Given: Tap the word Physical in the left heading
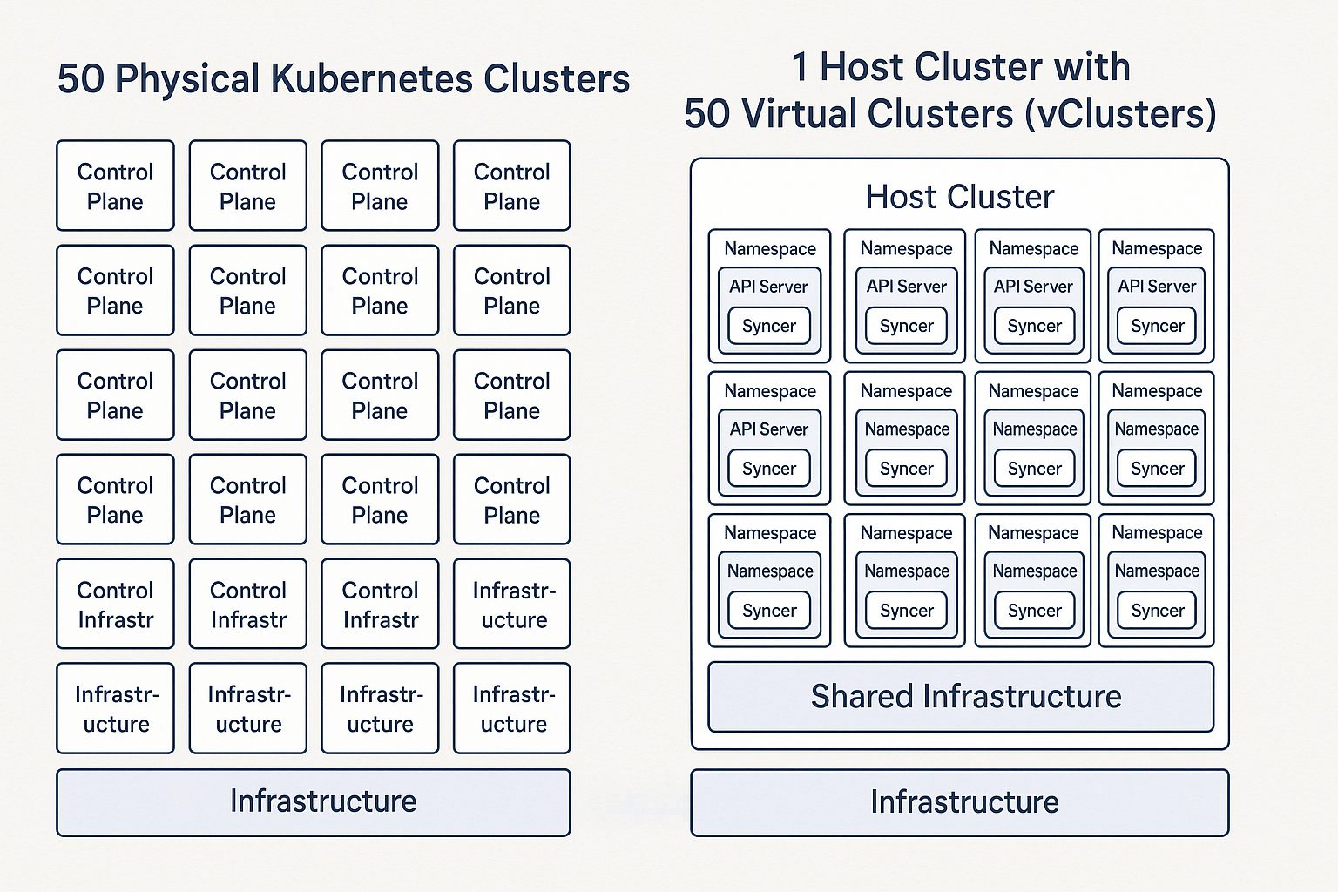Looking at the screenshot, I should (187, 79).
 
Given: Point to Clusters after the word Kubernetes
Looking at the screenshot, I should (557, 79).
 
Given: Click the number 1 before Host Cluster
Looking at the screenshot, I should (800, 68).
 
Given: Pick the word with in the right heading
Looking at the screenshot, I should (1089, 68).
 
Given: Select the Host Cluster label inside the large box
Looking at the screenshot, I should (959, 197).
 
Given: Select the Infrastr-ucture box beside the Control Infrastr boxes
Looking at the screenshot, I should (512, 605).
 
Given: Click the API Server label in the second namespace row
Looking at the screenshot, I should (769, 429).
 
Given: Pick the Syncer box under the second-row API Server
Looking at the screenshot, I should (769, 469).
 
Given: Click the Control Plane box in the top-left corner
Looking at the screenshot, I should (115, 186).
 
